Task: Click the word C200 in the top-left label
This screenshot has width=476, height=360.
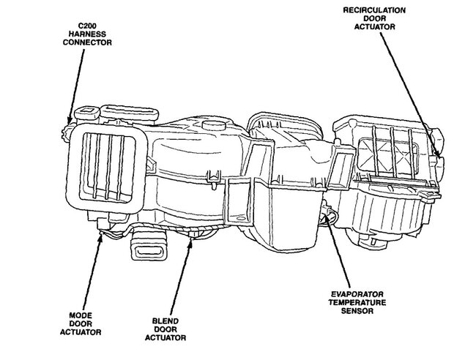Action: point(87,26)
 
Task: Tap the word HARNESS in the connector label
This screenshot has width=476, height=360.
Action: point(87,34)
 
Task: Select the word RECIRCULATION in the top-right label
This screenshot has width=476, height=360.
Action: point(374,10)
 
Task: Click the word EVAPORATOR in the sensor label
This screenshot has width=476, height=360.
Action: point(357,294)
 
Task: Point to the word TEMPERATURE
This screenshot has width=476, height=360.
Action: point(357,302)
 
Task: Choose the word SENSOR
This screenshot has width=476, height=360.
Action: point(357,311)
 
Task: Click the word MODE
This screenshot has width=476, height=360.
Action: point(81,315)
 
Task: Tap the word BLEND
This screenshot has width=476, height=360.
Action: point(166,321)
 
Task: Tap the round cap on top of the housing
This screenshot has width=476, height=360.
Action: point(214,125)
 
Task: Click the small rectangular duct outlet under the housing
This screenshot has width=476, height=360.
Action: point(149,247)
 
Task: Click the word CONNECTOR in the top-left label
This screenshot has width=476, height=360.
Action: point(87,42)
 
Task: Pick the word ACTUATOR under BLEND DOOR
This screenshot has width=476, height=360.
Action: point(166,337)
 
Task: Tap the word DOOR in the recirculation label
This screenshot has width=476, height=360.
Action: point(375,18)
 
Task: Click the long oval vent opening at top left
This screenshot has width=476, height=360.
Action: point(130,112)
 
